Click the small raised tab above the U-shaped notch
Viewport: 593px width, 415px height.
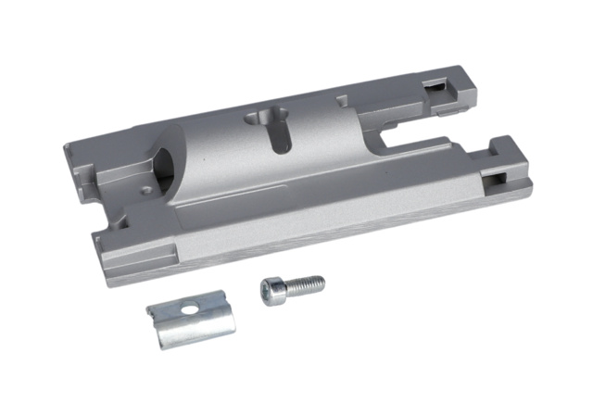point(343,96)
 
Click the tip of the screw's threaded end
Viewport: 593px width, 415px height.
point(322,279)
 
